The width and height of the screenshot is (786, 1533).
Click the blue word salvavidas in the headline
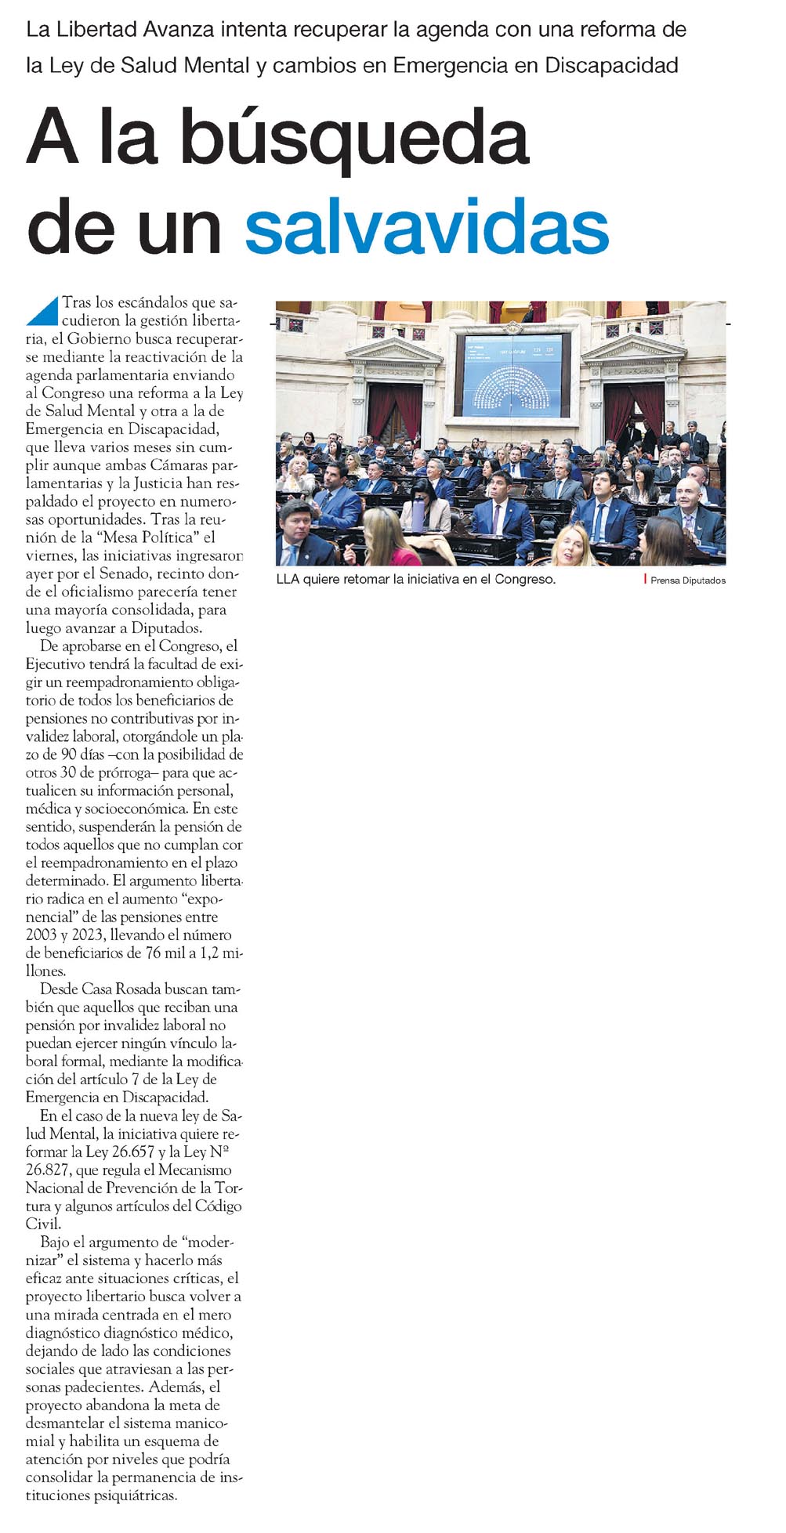[x=426, y=228]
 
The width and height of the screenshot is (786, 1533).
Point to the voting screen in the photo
[x=513, y=374]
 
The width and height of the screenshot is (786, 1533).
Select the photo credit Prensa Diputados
[x=687, y=580]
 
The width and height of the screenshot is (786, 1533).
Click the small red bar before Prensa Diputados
[x=645, y=579]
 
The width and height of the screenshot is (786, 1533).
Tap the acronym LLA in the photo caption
[x=288, y=580]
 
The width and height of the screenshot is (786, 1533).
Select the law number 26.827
[x=49, y=1170]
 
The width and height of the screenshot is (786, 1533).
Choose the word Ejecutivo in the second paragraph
[x=56, y=664]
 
